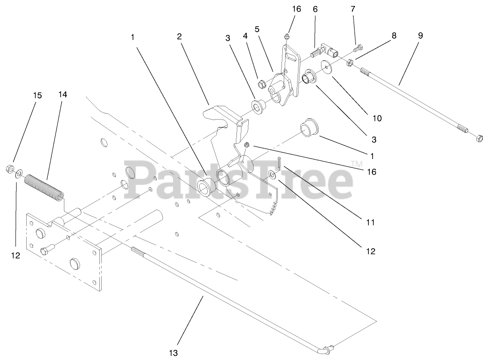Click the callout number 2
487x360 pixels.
click(x=179, y=36)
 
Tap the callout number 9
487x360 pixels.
click(x=420, y=35)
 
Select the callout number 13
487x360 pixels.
click(x=173, y=353)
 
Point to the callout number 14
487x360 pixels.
click(x=63, y=95)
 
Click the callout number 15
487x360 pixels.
click(x=37, y=96)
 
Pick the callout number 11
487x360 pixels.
click(x=370, y=222)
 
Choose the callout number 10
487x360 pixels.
click(x=377, y=118)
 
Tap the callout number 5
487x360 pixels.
click(x=257, y=29)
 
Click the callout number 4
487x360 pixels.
click(x=246, y=35)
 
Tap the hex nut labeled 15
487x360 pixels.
click(x=10, y=168)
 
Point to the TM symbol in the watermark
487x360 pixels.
click(x=356, y=164)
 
